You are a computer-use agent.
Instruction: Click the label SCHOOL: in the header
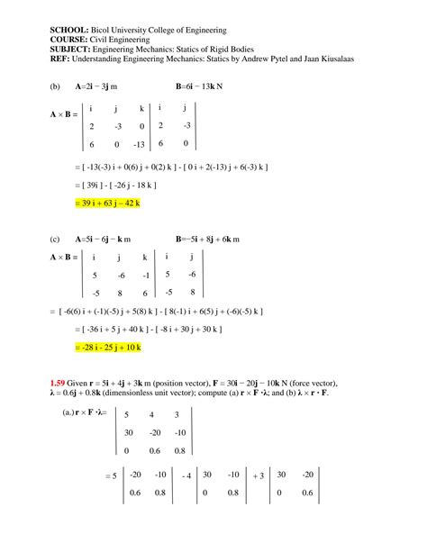tap(68, 32)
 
